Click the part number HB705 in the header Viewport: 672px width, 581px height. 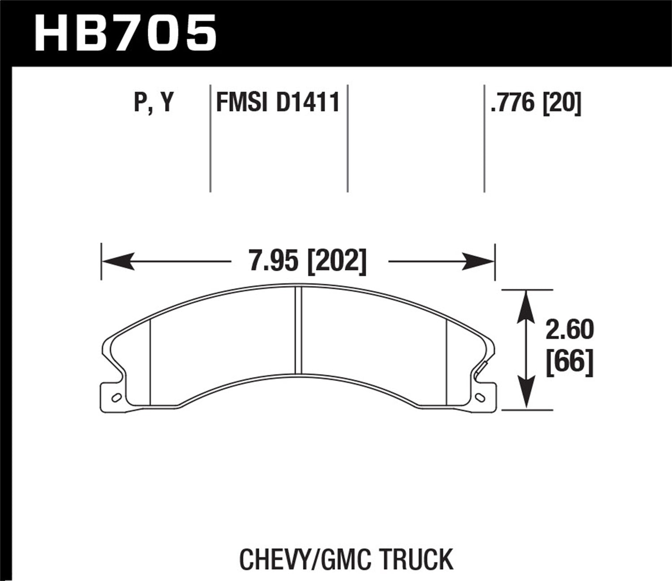pos(125,32)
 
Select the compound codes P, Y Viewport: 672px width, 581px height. pos(153,103)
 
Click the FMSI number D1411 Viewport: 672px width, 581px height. pos(308,103)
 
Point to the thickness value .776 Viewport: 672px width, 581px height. pos(513,103)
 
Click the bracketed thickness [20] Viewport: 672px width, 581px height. pos(562,103)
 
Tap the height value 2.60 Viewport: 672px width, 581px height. pos(569,330)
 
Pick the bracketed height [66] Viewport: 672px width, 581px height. pos(569,361)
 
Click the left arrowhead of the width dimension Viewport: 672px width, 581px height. pos(118,261)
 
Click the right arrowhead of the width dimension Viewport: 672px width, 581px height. pos(478,261)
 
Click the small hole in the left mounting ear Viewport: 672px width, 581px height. pos(115,397)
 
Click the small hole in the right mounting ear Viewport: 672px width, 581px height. pos(481,397)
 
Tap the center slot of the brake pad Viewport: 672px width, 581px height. pos(299,330)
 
